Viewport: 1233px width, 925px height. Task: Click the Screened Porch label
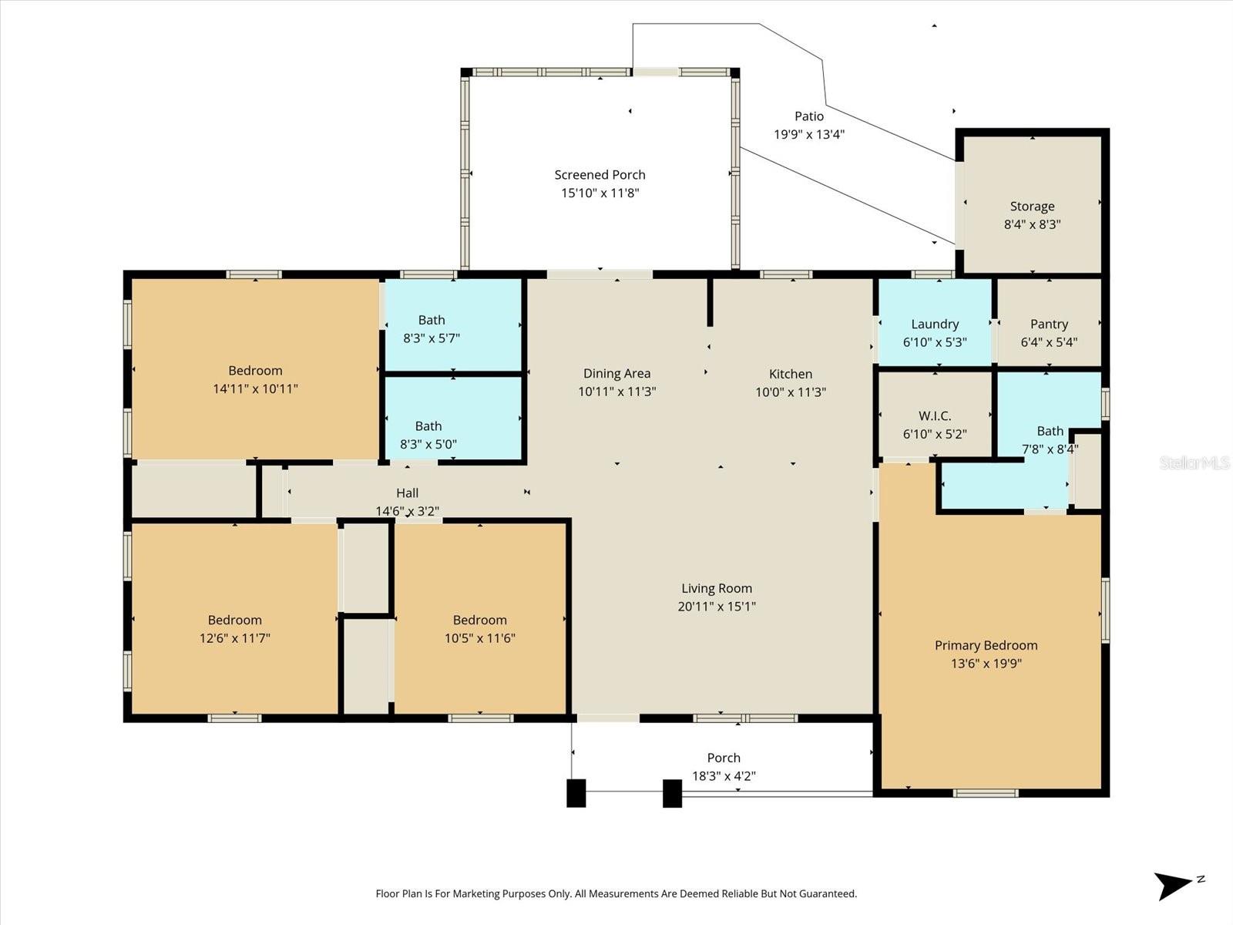pyautogui.click(x=600, y=175)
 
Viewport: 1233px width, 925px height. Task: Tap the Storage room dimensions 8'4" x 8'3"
pyautogui.click(x=1032, y=225)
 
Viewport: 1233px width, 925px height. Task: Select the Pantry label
pyautogui.click(x=1049, y=325)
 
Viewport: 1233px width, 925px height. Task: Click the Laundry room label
pyautogui.click(x=935, y=325)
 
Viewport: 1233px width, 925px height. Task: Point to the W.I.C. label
pyautogui.click(x=935, y=416)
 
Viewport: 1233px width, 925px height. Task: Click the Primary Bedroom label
pyautogui.click(x=986, y=645)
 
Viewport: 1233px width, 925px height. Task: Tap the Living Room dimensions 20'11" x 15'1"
pyautogui.click(x=716, y=607)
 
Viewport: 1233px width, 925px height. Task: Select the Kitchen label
pyautogui.click(x=790, y=374)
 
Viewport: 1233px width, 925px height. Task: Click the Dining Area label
pyautogui.click(x=616, y=374)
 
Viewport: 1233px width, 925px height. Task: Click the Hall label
pyautogui.click(x=407, y=493)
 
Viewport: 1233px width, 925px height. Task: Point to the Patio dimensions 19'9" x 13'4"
pyautogui.click(x=808, y=134)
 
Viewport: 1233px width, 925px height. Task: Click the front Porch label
pyautogui.click(x=723, y=758)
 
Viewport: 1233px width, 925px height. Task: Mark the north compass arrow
pyautogui.click(x=1176, y=884)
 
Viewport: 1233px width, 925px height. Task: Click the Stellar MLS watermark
pyautogui.click(x=1194, y=462)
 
